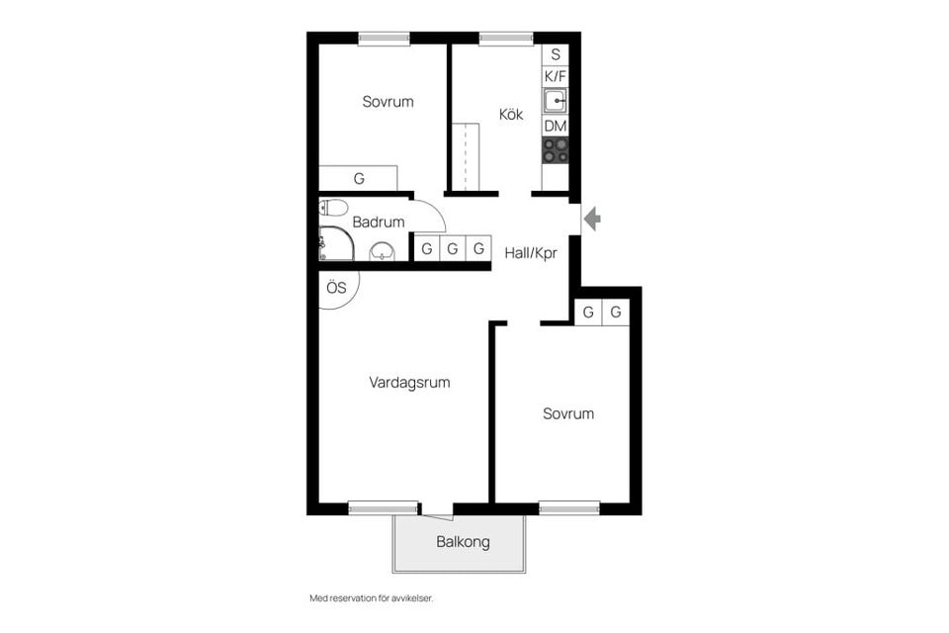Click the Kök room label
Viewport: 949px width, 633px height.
coord(511,114)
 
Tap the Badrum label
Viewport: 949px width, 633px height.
coord(379,222)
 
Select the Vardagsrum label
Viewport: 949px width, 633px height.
coord(409,383)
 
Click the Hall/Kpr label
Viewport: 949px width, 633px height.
coord(531,252)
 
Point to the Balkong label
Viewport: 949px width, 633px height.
coord(463,542)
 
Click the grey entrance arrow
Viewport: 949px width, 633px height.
coord(592,218)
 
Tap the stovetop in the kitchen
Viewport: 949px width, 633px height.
coord(555,150)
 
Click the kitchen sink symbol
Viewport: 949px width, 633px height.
coord(555,101)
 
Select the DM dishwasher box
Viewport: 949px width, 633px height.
coord(555,126)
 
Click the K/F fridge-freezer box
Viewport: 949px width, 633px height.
coord(555,76)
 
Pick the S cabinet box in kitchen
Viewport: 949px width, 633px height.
coord(555,54)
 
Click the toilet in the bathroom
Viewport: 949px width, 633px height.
coord(332,208)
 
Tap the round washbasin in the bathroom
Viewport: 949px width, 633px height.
coord(382,251)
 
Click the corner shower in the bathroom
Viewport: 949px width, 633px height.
coord(336,243)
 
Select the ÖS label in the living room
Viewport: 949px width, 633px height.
coord(336,287)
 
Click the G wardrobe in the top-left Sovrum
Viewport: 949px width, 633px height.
coord(358,178)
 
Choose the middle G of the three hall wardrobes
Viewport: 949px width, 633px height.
coord(452,248)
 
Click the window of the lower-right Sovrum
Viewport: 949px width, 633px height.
coord(569,507)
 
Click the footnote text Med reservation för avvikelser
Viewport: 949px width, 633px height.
coord(372,598)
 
